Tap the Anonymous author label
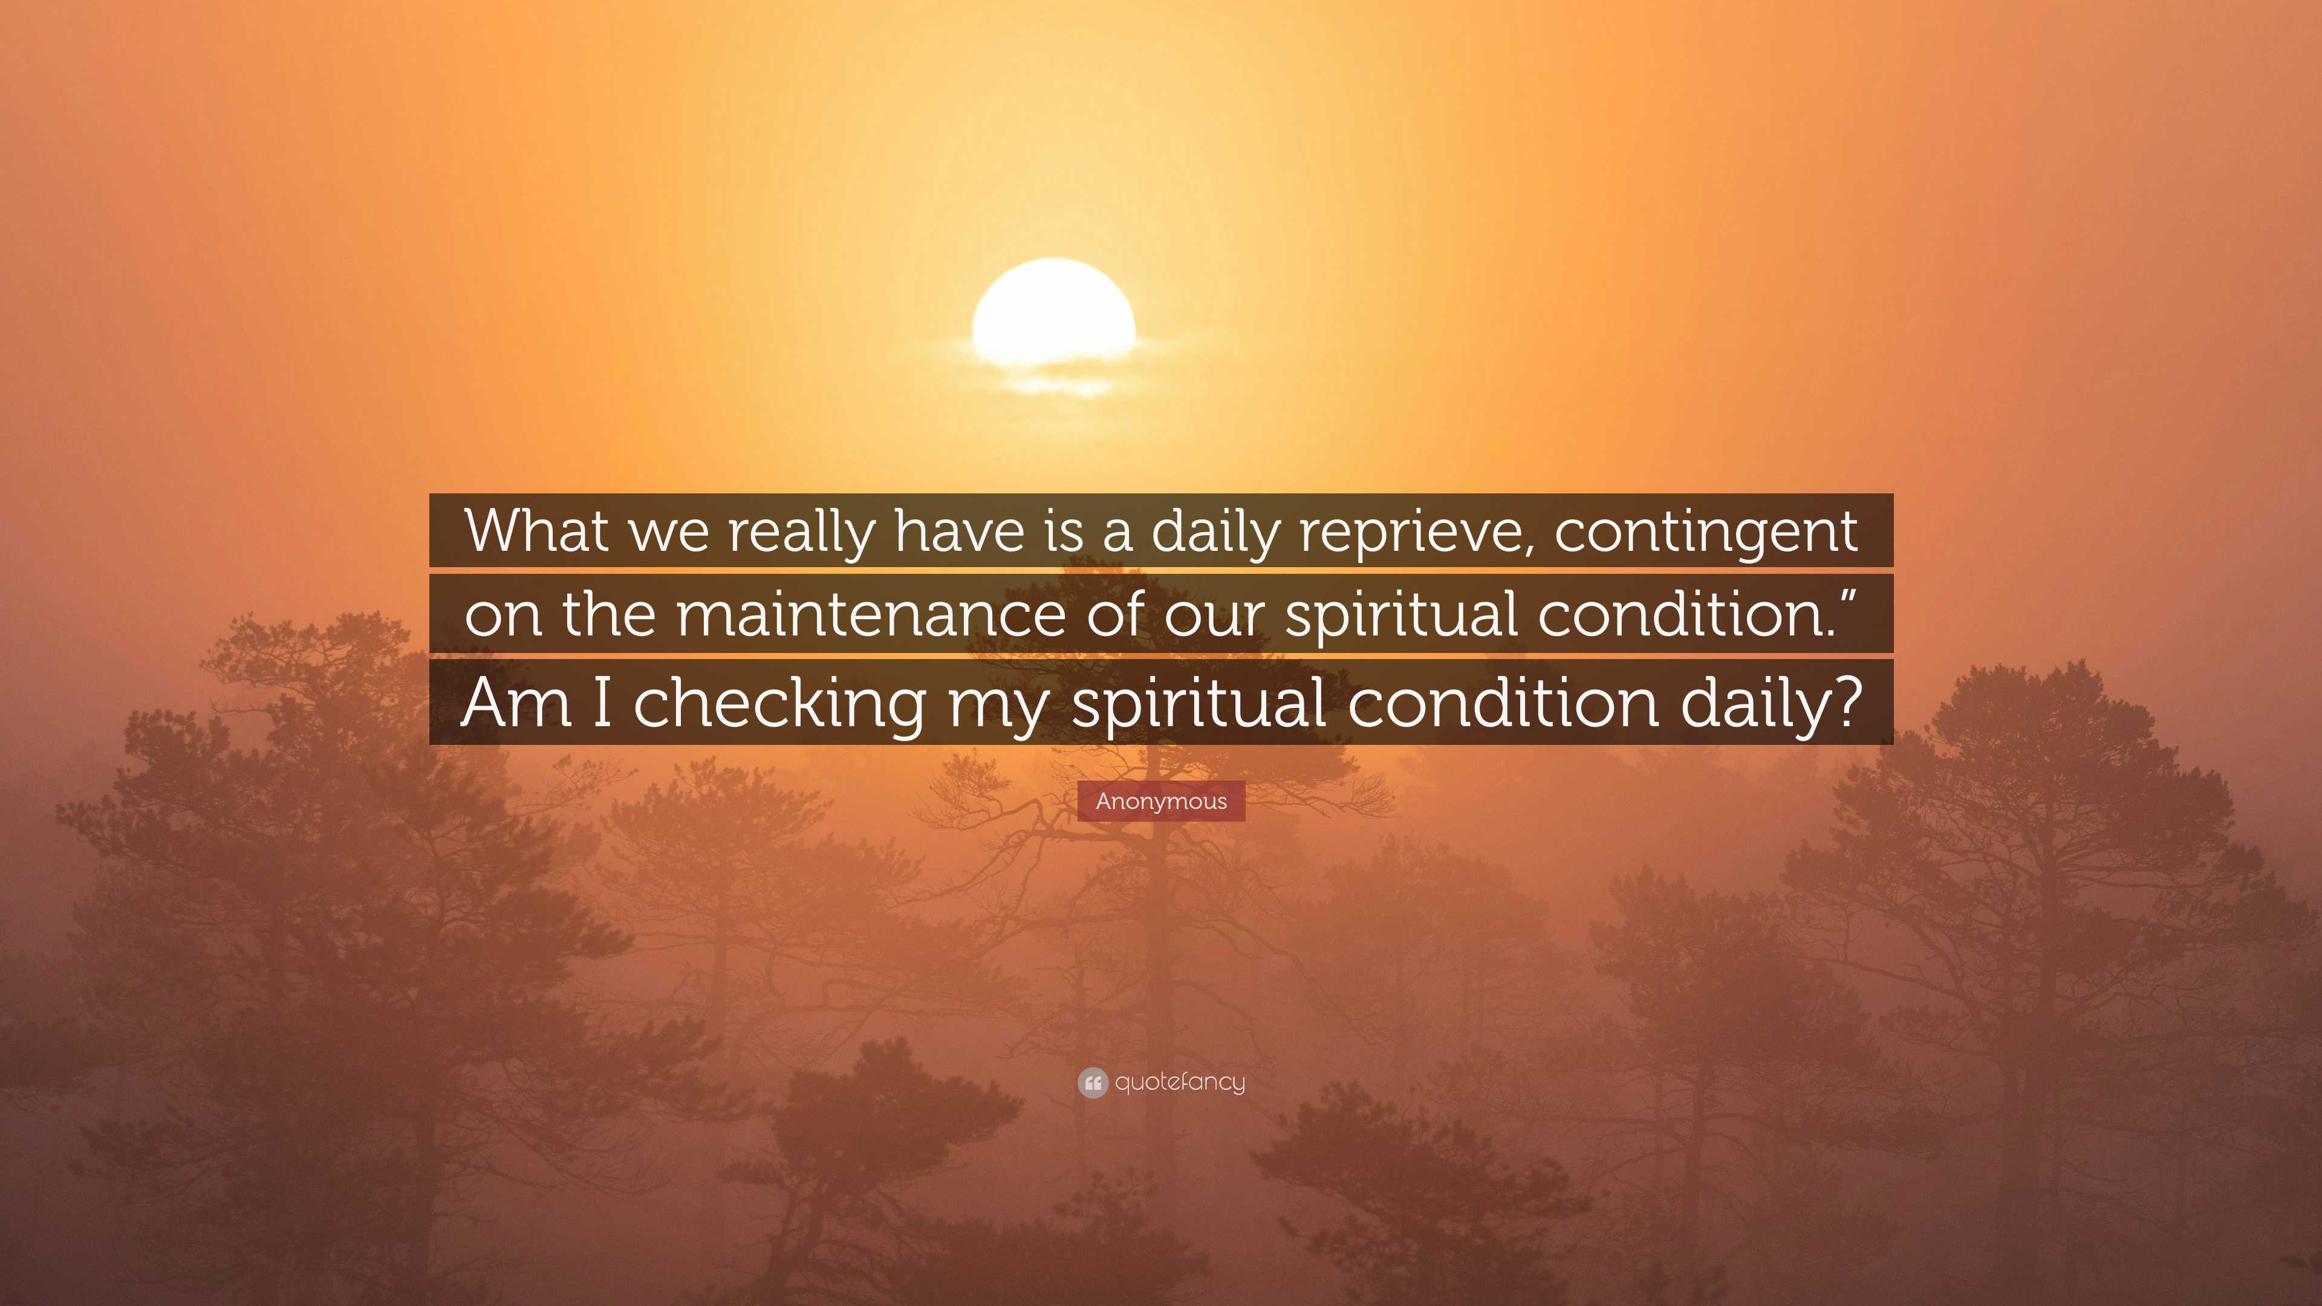point(1161,801)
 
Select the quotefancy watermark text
point(1180,1082)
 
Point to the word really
point(801,532)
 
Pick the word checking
point(779,703)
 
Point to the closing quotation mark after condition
point(1848,595)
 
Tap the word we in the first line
point(669,532)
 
